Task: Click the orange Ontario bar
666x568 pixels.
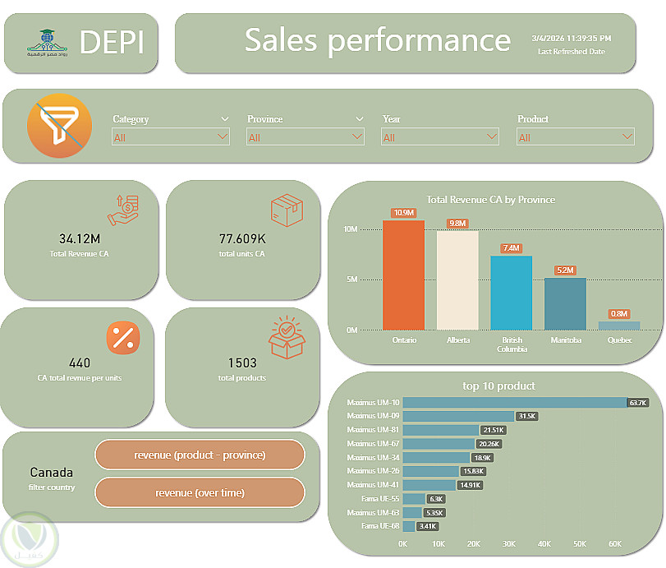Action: click(x=403, y=275)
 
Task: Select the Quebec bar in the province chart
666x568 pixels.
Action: click(x=618, y=326)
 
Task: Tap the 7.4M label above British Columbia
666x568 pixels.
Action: click(x=512, y=247)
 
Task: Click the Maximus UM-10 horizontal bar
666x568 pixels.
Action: click(x=515, y=403)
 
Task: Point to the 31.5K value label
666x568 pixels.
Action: click(x=526, y=417)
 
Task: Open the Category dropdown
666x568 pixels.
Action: click(x=171, y=137)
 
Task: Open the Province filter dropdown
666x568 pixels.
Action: click(x=305, y=137)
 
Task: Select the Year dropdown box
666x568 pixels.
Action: click(x=440, y=137)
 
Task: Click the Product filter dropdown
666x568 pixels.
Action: click(x=575, y=137)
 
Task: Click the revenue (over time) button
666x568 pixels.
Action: click(x=200, y=492)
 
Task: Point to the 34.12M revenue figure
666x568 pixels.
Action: click(x=80, y=239)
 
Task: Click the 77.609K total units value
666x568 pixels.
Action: click(x=242, y=239)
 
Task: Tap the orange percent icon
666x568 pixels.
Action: click(x=124, y=337)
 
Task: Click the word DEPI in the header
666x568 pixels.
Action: click(x=113, y=41)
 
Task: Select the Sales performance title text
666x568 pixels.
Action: click(x=378, y=39)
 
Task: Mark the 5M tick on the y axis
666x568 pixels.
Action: click(x=351, y=279)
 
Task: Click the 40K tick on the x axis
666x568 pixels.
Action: click(x=544, y=544)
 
